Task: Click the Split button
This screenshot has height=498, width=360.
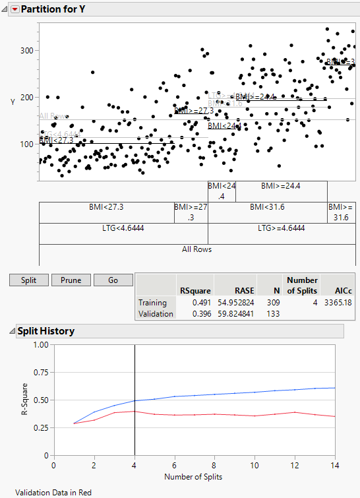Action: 28,280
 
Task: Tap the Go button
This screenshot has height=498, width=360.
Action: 113,280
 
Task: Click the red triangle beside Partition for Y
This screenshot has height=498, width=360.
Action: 15,10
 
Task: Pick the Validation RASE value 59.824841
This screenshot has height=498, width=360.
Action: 231,314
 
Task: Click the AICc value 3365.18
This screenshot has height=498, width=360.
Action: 325,302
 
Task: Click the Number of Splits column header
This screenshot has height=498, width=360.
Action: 302,285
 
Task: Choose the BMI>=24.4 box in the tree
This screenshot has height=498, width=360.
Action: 282,186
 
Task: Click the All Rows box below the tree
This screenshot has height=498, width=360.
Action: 197,249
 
